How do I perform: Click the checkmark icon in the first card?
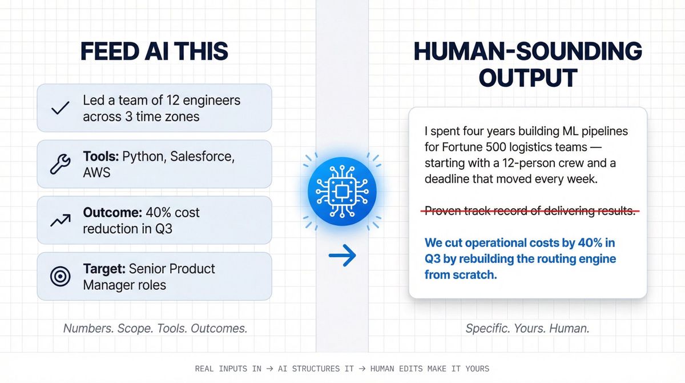coord(60,108)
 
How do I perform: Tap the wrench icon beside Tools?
coord(60,164)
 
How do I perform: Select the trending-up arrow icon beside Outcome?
coord(60,220)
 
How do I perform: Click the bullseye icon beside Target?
coord(60,276)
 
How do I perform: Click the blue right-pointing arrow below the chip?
coord(342,255)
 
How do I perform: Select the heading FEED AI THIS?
coord(154,51)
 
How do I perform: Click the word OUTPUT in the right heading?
coord(527,77)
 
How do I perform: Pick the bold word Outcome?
coord(111,213)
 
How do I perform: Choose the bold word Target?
coord(104,269)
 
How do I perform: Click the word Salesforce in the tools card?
coord(199,157)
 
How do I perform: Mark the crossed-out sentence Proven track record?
coord(530,211)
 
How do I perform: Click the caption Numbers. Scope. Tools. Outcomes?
coord(155,329)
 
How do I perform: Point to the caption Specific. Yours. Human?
coord(527,329)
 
